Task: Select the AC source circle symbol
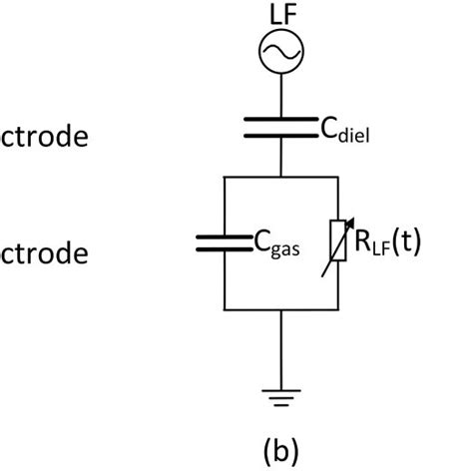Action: pos(282,51)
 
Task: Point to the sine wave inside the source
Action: pos(282,51)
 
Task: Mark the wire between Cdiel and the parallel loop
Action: pos(282,158)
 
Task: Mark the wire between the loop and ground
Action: pos(282,349)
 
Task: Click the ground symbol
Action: pos(282,396)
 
